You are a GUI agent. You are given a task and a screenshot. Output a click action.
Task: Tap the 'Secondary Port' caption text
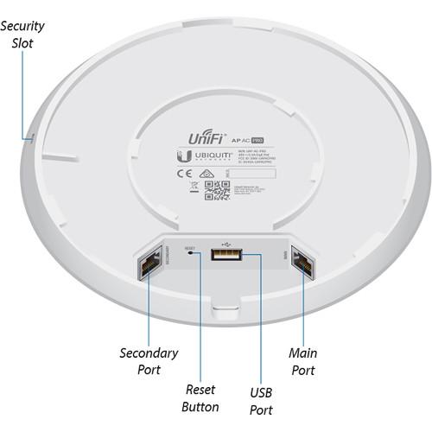click(149, 361)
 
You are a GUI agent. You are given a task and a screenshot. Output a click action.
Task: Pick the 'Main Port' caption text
click(302, 361)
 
